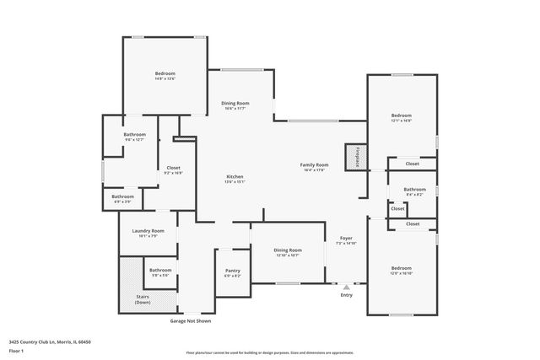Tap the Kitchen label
click(235, 176)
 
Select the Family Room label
click(313, 164)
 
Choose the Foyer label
click(346, 239)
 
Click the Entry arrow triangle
click(346, 287)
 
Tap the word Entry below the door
click(346, 295)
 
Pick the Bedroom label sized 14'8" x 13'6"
click(165, 74)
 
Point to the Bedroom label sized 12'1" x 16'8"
click(401, 116)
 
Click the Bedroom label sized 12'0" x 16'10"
click(401, 267)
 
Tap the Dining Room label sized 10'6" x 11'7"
click(234, 102)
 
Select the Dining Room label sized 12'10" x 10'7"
click(288, 250)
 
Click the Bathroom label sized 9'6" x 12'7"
click(135, 135)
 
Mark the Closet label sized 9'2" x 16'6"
click(173, 168)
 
